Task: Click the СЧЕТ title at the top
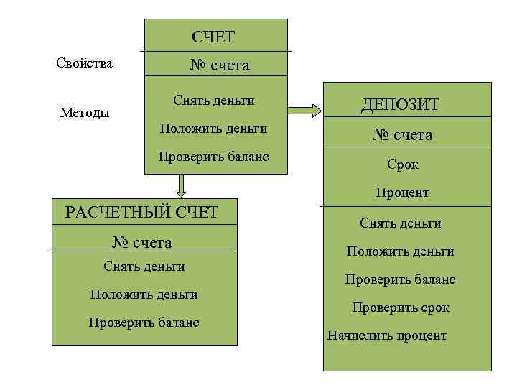coord(213,37)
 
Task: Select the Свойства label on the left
coord(84,63)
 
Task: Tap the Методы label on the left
coord(85,113)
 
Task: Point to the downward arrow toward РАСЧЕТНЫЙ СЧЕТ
coord(181,186)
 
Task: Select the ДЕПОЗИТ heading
coord(400,106)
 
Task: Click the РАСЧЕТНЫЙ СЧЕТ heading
coord(141,212)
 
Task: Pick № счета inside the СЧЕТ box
coord(219,65)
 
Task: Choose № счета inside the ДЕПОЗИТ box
coord(402,135)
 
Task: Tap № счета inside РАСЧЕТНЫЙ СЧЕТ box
coord(142,241)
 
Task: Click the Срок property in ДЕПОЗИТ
coord(402,165)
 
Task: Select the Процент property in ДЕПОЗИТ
coord(402,193)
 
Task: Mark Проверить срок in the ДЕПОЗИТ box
coord(400,308)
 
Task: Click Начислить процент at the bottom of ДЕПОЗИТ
coord(387,336)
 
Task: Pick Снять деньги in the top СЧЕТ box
coord(213,100)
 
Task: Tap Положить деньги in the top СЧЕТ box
coord(213,129)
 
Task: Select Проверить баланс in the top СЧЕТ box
coord(213,156)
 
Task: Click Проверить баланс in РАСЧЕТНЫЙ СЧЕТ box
coord(144,322)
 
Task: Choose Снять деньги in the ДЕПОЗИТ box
coord(400,223)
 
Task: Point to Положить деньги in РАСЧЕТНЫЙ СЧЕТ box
coord(144,294)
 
